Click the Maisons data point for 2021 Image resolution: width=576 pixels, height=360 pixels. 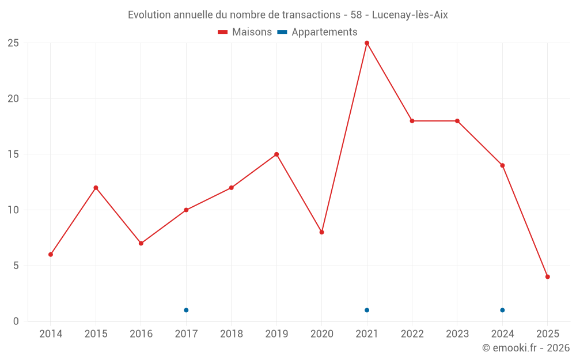pos(367,43)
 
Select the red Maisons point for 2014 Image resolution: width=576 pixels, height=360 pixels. pos(51,255)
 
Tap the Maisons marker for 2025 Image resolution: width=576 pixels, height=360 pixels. pos(548,276)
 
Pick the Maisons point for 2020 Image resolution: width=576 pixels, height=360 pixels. pos(322,232)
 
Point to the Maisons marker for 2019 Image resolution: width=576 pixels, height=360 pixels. pos(276,154)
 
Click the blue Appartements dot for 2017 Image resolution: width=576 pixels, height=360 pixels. pos(186,310)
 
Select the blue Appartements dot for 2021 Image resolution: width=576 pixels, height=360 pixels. pos(367,310)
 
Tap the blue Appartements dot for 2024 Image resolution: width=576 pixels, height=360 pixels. pos(502,310)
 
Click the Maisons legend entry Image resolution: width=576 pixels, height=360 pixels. pos(245,32)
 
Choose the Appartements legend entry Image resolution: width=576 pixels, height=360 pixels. pos(317,32)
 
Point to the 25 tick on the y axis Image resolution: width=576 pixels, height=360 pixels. pos(13,43)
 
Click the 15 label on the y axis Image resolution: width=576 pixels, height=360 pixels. pos(13,154)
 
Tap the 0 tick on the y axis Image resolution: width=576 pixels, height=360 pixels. pos(16,321)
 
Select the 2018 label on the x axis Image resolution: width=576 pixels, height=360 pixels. pos(231,334)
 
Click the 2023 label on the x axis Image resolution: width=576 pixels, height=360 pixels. pos(457,334)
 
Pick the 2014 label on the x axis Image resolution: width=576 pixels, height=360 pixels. pos(51,334)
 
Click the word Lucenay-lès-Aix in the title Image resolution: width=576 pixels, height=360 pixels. pos(410,15)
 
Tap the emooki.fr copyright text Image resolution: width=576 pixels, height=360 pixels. pos(525,348)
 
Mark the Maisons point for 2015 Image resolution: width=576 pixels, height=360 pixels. pos(96,188)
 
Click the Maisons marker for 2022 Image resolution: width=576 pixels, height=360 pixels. pos(412,121)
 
